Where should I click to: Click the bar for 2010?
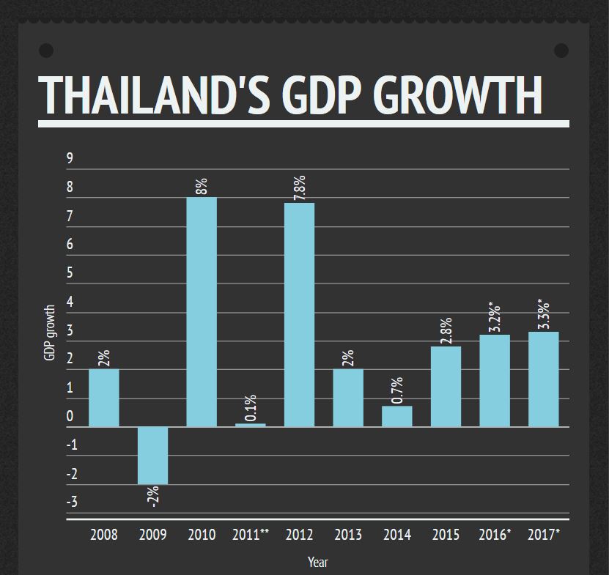202,312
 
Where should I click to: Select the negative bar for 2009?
153,455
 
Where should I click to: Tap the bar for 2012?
299,315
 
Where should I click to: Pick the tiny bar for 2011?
251,425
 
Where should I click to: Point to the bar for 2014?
397,416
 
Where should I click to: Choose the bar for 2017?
544,379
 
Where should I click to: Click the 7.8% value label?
300,188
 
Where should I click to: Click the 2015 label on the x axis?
446,535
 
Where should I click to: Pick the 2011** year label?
251,535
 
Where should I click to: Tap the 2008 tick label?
104,535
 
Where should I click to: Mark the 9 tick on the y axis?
70,158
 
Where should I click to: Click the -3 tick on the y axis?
72,502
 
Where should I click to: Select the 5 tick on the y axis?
70,273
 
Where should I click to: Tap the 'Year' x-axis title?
318,563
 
